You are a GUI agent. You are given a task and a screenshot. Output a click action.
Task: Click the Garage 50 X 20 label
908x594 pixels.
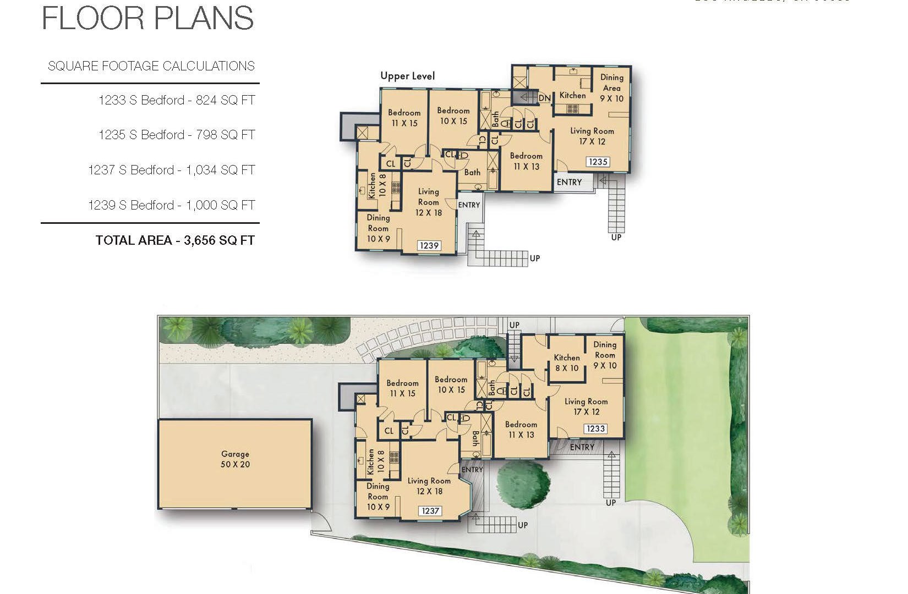[x=235, y=459]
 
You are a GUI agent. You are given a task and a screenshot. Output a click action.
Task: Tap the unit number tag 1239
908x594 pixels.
[x=429, y=245]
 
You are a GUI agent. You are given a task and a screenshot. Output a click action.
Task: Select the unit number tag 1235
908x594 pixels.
[x=598, y=162]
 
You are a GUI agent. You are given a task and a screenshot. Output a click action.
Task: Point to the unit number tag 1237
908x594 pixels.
[x=430, y=511]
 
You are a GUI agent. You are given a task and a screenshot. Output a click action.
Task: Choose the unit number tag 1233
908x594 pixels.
[x=595, y=428]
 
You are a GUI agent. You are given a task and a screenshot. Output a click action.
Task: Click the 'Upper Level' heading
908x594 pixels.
[x=407, y=76]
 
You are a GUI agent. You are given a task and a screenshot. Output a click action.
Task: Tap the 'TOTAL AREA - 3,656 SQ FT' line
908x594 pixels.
[x=175, y=240]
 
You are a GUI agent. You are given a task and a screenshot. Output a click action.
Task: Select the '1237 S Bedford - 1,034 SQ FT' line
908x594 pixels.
[x=172, y=170]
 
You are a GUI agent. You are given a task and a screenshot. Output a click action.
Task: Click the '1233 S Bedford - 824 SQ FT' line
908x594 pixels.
[x=177, y=100]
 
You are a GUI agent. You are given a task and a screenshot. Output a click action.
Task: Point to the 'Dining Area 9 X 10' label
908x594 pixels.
[x=611, y=88]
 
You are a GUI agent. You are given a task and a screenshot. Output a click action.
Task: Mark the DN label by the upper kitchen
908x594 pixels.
[x=544, y=98]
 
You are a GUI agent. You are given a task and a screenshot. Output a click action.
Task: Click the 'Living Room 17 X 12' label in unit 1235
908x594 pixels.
[x=592, y=136]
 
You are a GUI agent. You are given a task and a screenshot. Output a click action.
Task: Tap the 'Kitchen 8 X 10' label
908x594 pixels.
[x=567, y=362]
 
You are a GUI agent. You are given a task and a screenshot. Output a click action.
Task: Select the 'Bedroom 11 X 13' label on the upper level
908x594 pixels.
[x=526, y=161]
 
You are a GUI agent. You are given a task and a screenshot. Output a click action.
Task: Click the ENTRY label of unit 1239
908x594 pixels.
[x=469, y=205]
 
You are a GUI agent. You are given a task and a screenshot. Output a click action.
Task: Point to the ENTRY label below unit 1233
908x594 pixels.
[x=582, y=447]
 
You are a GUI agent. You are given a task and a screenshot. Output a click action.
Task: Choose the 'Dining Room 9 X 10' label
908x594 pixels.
[x=605, y=355]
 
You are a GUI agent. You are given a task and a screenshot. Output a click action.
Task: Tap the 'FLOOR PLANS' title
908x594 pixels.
[x=147, y=18]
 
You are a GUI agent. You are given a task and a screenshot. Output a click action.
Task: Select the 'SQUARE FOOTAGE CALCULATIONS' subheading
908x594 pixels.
[x=151, y=67]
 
